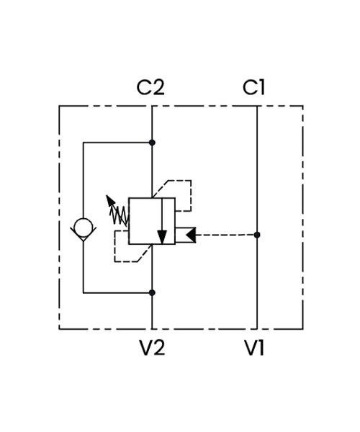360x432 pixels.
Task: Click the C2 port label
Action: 150,87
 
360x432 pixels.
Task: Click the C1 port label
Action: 253,87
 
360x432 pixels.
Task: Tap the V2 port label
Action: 153,348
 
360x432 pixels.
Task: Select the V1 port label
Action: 254,348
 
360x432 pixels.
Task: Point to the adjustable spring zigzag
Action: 120,215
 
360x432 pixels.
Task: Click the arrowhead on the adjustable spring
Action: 110,200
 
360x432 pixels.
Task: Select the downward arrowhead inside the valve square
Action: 162,237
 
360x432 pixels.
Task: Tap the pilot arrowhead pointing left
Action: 191,235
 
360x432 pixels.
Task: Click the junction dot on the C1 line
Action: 257,235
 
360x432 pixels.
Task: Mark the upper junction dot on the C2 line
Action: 152,143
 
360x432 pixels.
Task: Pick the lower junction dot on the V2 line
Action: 152,292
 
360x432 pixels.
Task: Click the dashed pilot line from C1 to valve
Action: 226,235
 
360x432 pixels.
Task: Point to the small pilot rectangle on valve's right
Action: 185,235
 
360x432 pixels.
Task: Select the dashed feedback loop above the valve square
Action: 191,196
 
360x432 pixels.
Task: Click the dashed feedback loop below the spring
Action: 114,246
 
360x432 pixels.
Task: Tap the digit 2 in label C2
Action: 158,87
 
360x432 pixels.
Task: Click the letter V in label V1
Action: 251,348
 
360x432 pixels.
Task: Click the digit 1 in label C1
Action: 261,87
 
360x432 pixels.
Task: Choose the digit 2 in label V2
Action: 158,348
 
